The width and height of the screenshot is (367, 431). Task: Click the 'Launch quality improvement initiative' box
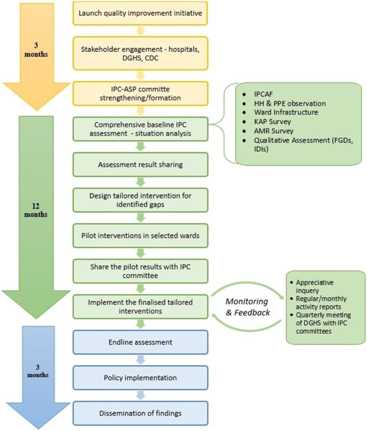140,13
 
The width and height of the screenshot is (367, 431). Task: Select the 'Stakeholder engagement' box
140,53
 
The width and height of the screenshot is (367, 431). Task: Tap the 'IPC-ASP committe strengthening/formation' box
140,93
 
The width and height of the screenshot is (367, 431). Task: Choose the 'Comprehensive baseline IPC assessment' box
140,129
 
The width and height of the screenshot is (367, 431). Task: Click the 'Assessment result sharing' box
140,164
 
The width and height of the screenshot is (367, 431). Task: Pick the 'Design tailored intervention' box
140,200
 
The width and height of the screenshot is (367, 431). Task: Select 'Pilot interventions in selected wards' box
140,236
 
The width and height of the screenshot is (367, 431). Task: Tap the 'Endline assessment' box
140,342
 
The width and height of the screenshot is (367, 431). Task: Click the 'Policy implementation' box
140,378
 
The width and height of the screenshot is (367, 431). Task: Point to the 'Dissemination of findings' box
140,413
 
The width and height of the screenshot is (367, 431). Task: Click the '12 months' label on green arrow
36,210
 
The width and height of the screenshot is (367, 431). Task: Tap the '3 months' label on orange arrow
36,50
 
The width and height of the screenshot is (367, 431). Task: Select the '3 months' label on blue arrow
38,371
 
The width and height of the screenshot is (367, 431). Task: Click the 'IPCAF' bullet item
263,94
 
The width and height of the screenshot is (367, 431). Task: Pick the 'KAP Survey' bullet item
272,122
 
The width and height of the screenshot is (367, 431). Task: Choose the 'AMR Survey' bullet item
274,131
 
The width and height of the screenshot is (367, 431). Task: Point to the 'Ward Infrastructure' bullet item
286,112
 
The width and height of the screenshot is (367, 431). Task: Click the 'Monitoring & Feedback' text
248,307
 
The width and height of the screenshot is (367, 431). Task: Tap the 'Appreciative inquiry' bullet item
315,286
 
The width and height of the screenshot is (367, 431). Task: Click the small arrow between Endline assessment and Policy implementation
140,360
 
